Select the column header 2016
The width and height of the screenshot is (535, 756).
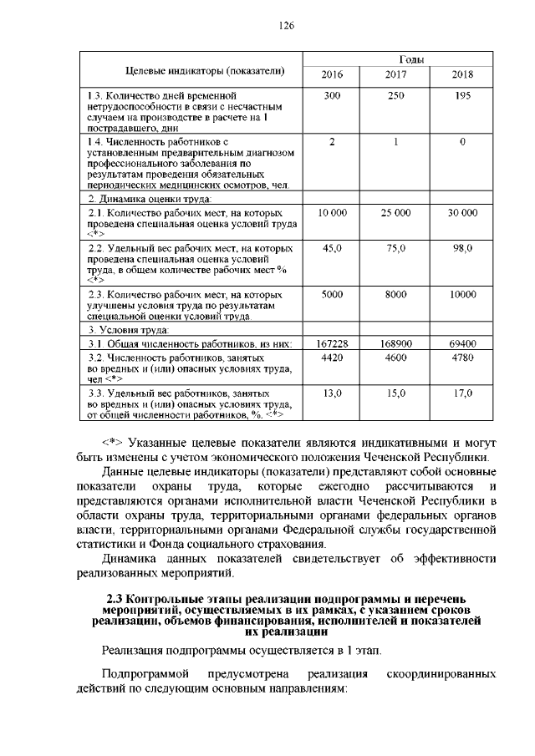coord(332,74)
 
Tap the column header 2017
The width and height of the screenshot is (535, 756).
coord(395,74)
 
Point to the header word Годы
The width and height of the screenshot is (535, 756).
coord(397,59)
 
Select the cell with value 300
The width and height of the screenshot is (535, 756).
coord(332,96)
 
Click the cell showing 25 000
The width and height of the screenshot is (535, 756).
coord(395,214)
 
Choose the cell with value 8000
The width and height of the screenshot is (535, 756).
coord(395,295)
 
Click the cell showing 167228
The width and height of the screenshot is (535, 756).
coord(332,343)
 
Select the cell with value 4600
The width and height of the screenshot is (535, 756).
coord(395,358)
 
